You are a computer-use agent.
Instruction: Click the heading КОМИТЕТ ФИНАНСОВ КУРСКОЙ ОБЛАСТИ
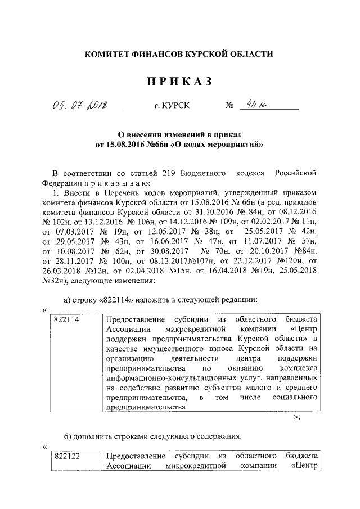179,55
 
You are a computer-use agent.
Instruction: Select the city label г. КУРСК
172,106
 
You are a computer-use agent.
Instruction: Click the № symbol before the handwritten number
229,106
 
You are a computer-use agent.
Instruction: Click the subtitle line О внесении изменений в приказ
179,134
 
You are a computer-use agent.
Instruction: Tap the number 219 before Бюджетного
170,172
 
